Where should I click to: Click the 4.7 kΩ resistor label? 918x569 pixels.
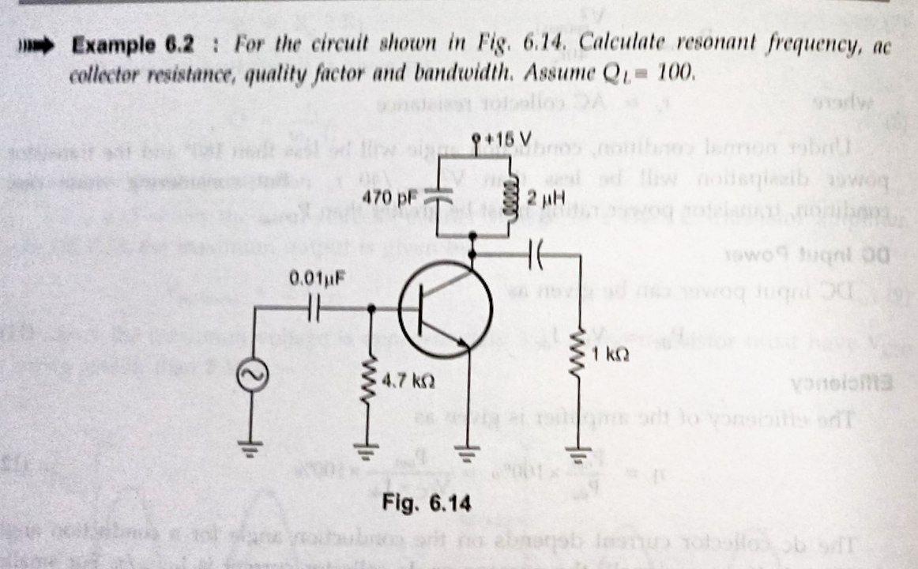point(406,380)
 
